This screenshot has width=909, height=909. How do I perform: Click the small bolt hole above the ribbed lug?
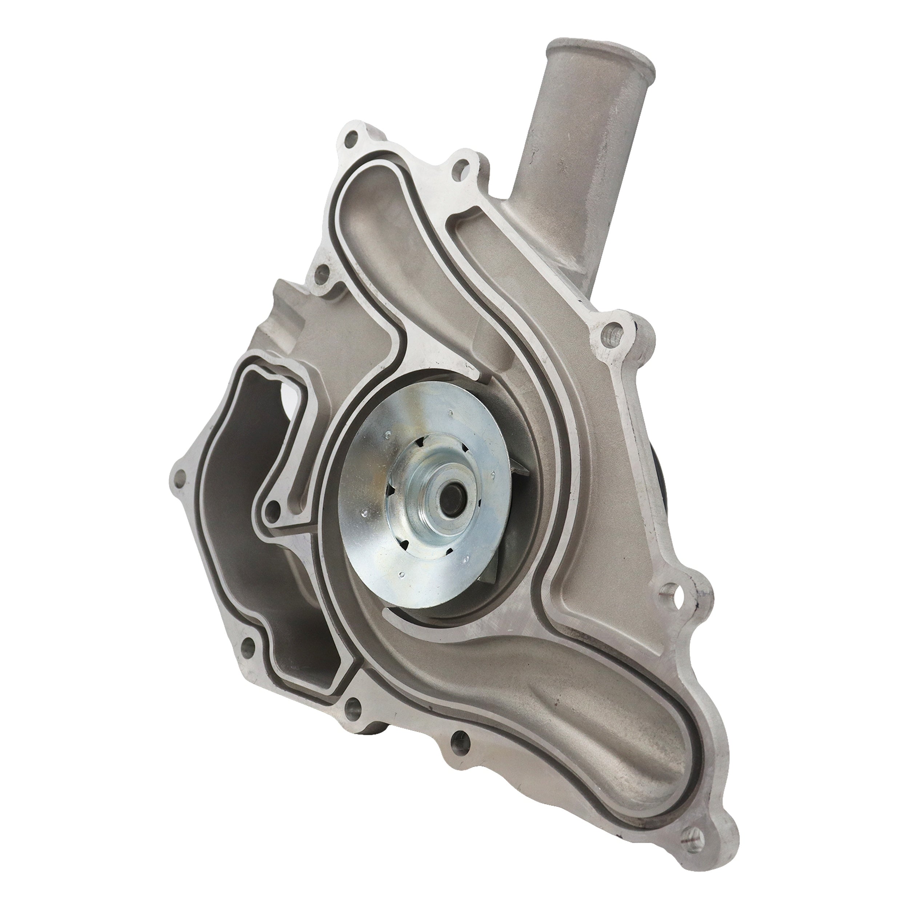click(x=321, y=272)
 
